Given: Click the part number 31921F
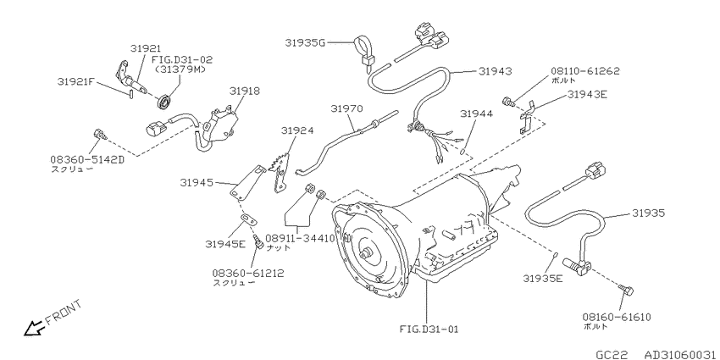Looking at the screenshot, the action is pos(76,81).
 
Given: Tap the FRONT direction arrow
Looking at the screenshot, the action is pos(35,328).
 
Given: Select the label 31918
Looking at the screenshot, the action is pos(245,91).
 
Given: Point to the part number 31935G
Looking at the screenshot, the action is pos(305,42).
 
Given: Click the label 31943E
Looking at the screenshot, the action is pos(587,95).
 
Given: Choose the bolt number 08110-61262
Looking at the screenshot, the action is pos(585,71).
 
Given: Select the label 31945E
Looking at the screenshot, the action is pos(225,244).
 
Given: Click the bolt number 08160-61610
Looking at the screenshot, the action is pos(617,317).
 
